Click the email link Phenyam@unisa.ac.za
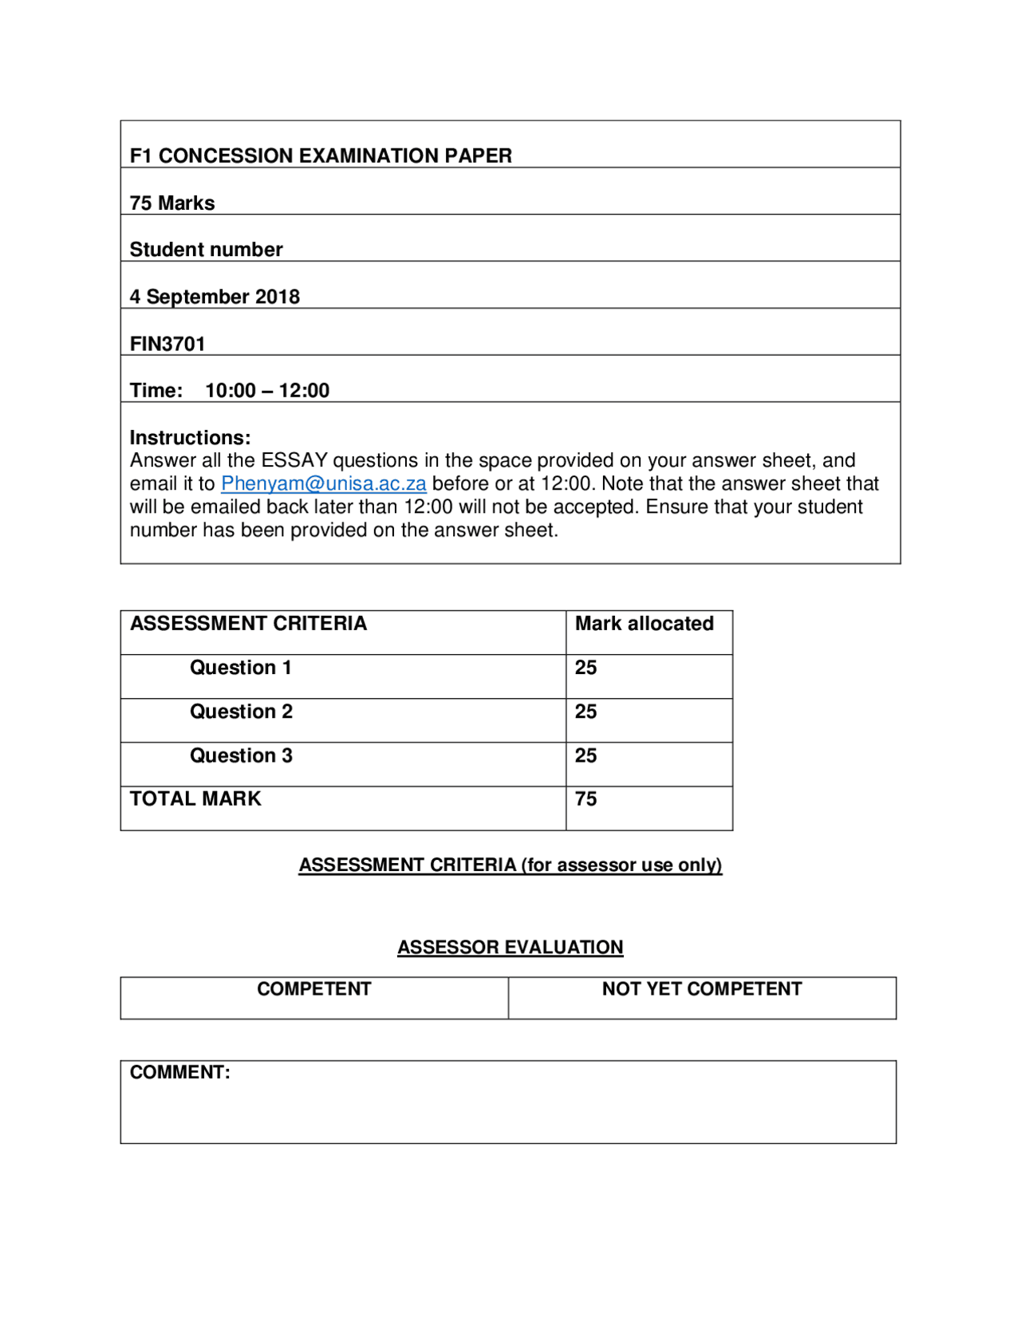coord(323,483)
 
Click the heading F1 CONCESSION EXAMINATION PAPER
coord(321,156)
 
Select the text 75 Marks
coord(172,203)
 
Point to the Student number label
coord(206,250)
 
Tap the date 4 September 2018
coord(215,297)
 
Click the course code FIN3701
coord(168,344)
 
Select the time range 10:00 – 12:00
coord(267,390)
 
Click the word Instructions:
coord(190,437)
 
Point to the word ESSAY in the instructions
coord(294,460)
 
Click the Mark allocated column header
coord(644,624)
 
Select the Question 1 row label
coord(240,668)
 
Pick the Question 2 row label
coord(241,712)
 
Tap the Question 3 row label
coord(241,755)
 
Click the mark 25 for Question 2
coord(585,712)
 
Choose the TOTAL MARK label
coord(195,799)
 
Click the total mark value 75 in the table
coord(585,799)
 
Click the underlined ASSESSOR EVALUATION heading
coord(510,947)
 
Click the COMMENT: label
coord(179,1072)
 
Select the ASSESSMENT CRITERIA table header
coord(248,624)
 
